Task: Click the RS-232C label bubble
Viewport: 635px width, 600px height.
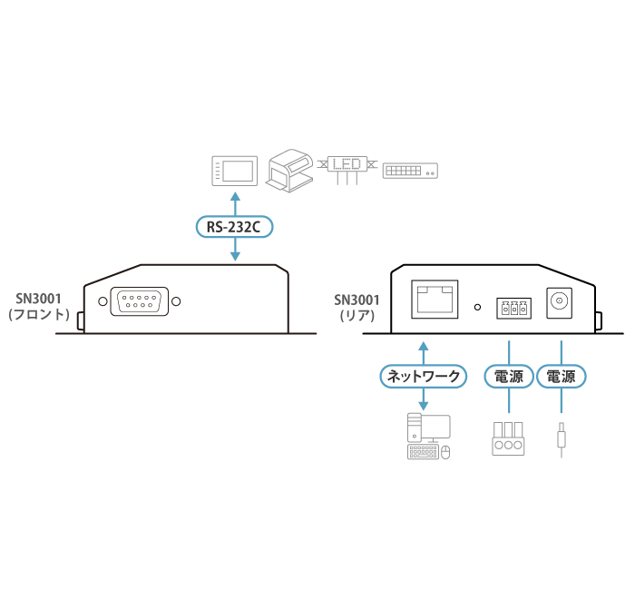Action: coord(235,226)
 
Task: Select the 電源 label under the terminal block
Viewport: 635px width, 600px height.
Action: coord(509,376)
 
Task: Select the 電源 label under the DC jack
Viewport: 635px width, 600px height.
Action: coord(562,376)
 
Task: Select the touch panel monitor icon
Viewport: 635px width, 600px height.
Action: coord(235,170)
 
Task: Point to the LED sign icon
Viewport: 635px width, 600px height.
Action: coord(347,166)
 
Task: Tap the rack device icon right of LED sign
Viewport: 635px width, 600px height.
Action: coord(410,170)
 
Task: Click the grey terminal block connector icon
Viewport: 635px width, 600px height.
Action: coord(508,438)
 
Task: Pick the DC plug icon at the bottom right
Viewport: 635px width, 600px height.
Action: coord(562,438)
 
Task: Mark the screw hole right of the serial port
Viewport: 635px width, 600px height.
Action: coord(176,301)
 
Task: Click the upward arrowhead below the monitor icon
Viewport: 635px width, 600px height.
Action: coord(235,197)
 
